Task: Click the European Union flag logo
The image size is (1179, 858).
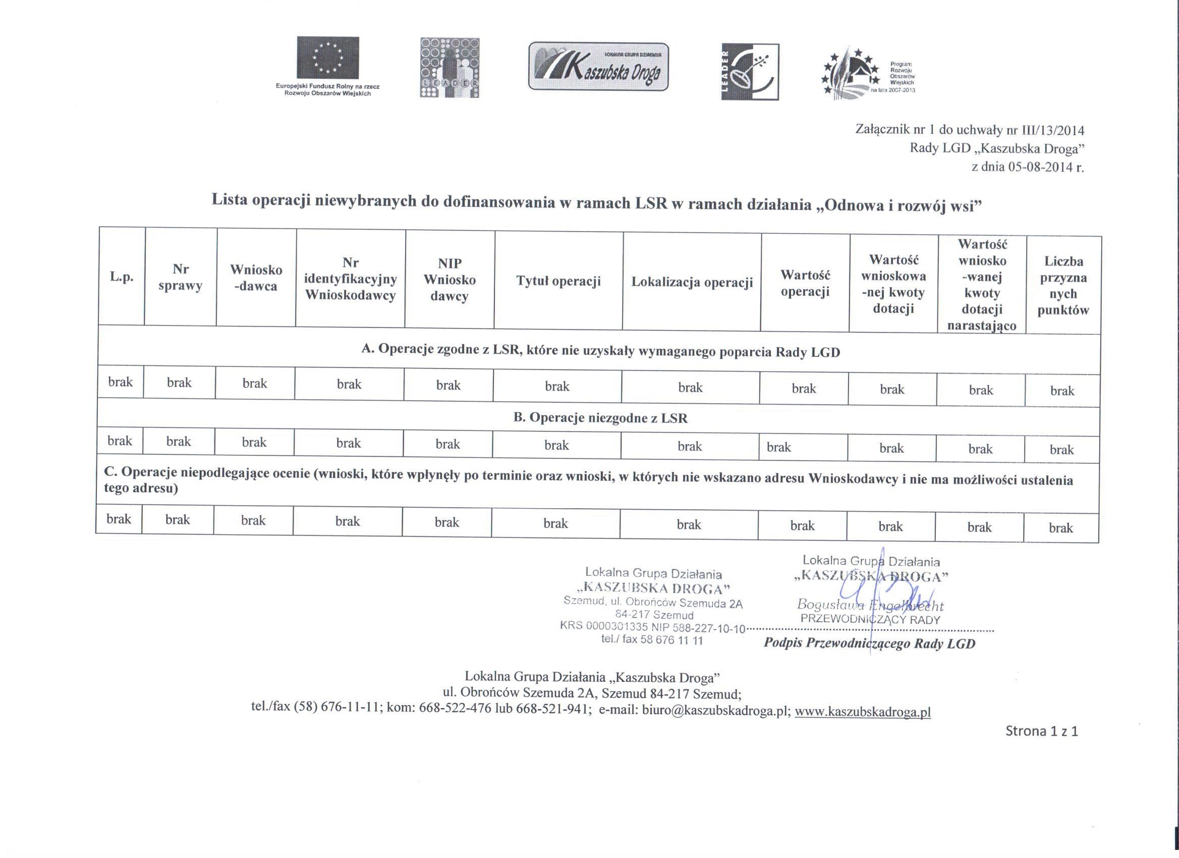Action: pyautogui.click(x=327, y=58)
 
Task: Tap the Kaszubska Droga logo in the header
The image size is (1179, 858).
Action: pyautogui.click(x=598, y=67)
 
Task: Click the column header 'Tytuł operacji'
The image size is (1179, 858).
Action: pyautogui.click(x=558, y=281)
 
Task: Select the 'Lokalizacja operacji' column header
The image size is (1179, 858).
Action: pyautogui.click(x=692, y=282)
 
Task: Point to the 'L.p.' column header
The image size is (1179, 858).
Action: pyautogui.click(x=122, y=277)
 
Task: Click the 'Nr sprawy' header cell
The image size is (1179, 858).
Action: pyautogui.click(x=181, y=277)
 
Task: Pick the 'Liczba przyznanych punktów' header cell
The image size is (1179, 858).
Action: pyautogui.click(x=1063, y=286)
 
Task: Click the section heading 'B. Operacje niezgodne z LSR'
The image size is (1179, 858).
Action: pyautogui.click(x=600, y=418)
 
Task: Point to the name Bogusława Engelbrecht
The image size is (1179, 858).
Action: pyautogui.click(x=870, y=605)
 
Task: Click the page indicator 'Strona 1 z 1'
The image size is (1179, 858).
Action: pyautogui.click(x=1042, y=732)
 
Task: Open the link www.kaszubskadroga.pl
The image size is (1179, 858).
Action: pyautogui.click(x=863, y=712)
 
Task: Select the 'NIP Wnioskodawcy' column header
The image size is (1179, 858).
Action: pyautogui.click(x=450, y=280)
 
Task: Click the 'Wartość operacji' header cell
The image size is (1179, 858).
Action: pyautogui.click(x=805, y=283)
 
